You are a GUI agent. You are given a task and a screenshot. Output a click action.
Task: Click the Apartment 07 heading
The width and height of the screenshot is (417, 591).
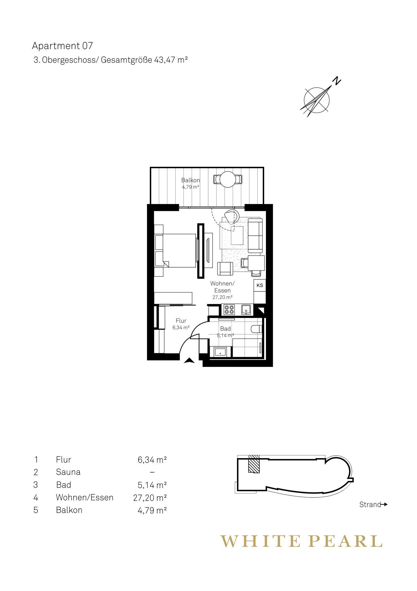[62, 46]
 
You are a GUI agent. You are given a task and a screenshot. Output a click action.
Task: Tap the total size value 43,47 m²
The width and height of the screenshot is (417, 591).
[170, 60]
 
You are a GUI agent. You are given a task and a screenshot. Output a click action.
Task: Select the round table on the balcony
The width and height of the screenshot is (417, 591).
[228, 179]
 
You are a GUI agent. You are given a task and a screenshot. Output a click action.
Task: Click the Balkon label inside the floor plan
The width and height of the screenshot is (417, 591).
[190, 180]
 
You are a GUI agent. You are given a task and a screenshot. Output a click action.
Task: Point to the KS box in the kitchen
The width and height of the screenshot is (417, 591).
[260, 285]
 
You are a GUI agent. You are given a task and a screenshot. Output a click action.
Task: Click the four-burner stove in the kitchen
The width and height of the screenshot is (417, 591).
[229, 309]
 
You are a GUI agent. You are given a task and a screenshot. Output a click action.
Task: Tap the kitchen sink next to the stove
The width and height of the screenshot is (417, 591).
[246, 309]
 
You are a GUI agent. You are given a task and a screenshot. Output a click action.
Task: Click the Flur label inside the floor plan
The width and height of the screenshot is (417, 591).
[181, 321]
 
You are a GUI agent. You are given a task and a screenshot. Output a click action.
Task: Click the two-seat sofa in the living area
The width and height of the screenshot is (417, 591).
[255, 235]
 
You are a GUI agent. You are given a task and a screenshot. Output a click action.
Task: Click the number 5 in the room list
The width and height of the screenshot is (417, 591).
[36, 510]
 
